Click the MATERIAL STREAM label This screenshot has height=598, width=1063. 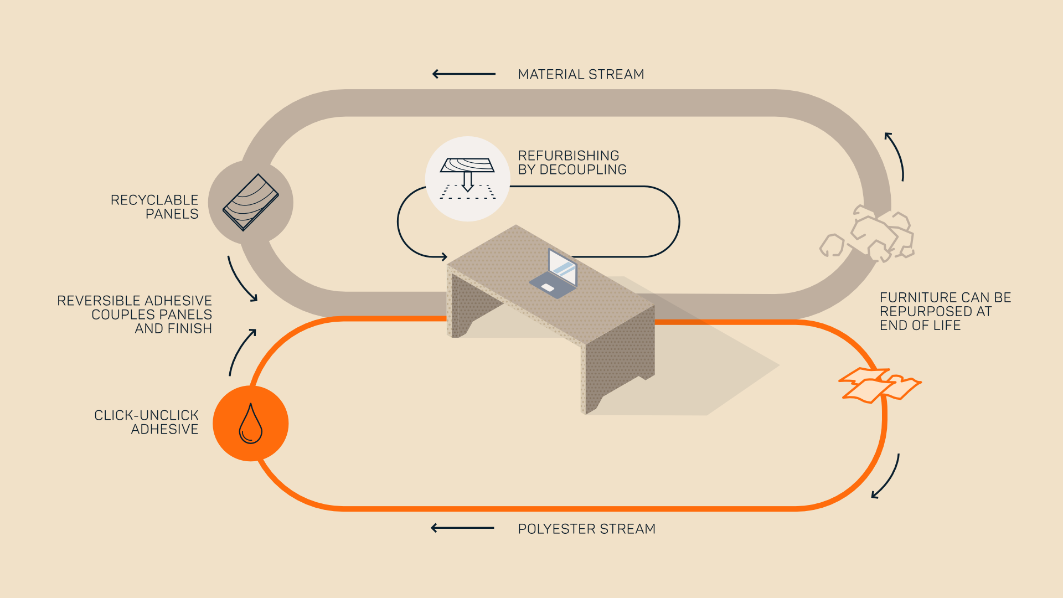coord(581,74)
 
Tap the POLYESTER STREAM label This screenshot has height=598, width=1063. coord(586,529)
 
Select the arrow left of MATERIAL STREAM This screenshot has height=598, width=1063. coord(464,74)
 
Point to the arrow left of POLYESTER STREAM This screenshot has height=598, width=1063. coord(462,528)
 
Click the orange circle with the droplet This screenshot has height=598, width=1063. coord(251,424)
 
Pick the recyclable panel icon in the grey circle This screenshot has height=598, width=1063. coord(251,202)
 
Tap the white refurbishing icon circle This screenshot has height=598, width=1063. coord(468,179)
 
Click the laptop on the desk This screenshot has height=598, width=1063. coord(555,274)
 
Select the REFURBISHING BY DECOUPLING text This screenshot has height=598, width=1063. coord(572,162)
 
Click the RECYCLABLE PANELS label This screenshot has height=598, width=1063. coord(154,207)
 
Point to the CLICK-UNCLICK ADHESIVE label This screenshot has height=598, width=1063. coord(146,422)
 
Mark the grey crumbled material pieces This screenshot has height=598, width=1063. coord(867,234)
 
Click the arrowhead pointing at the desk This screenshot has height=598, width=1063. coord(444,257)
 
